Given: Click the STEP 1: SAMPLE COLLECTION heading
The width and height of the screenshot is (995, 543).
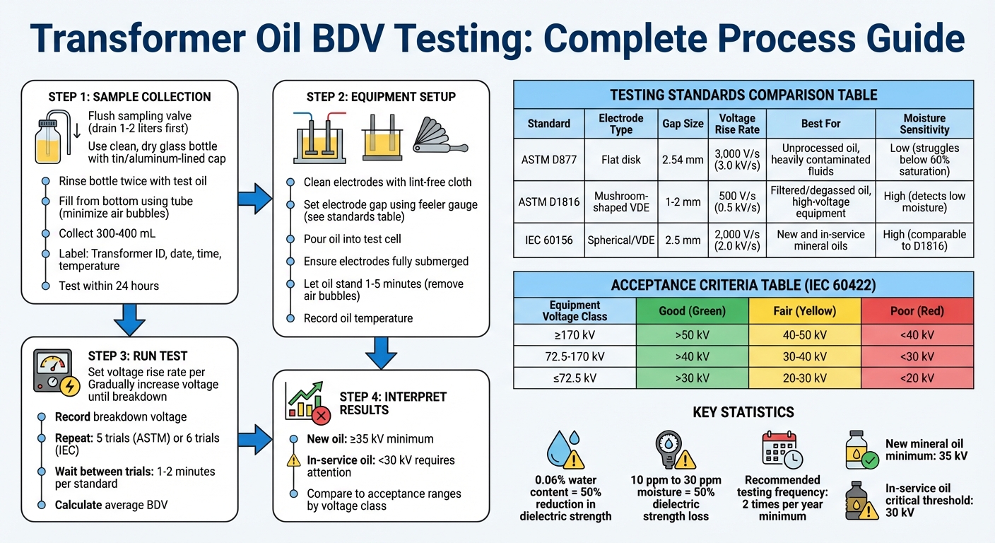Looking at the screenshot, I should tap(129, 97).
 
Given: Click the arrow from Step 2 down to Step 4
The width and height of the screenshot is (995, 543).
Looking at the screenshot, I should tap(381, 351).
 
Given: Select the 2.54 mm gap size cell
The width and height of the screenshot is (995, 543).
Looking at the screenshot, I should tap(683, 159).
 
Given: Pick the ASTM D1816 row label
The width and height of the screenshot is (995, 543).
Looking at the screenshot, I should tap(549, 202).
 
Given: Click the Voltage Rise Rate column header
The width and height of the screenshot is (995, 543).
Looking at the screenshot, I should tap(736, 124).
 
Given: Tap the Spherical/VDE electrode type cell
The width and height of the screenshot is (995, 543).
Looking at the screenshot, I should tap(620, 240).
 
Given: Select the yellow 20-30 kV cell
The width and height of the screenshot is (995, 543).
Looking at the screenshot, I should tap(804, 378).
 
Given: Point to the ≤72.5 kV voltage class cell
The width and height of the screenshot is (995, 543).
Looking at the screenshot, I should tap(575, 378).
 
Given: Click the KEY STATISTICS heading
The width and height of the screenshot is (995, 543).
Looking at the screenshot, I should tap(743, 412).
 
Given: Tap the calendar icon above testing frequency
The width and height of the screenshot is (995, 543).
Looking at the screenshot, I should tap(779, 450).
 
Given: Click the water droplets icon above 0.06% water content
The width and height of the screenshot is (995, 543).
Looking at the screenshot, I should tap(565, 449).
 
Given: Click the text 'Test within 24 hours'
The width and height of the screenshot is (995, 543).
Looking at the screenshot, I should tap(109, 286).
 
